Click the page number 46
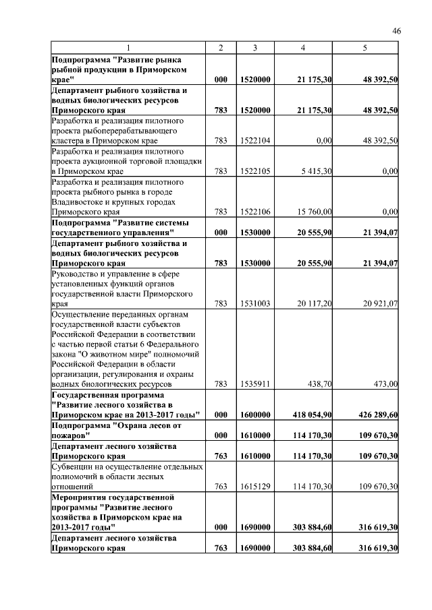point(396,30)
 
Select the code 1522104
point(255,140)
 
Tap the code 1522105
point(255,171)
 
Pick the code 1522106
point(255,212)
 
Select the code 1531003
point(255,303)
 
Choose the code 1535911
point(255,384)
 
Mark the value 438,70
point(319,384)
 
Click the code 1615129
point(255,485)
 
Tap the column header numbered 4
point(302,48)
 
